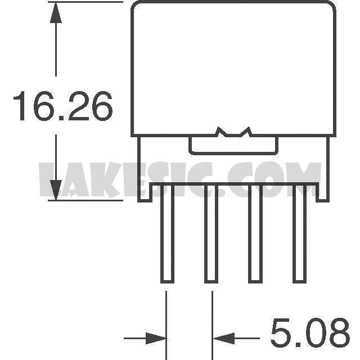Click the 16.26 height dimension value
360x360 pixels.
[x=63, y=106]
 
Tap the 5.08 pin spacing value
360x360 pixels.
[x=310, y=332]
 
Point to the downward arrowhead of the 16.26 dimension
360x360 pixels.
[x=56, y=190]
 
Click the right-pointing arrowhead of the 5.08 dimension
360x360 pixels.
[x=156, y=338]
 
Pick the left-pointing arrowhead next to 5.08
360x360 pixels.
[x=224, y=338]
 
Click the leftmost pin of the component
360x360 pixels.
[x=168, y=233]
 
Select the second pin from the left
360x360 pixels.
[x=211, y=233]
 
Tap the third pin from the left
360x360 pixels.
[x=255, y=233]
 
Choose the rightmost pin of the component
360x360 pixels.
[x=299, y=233]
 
